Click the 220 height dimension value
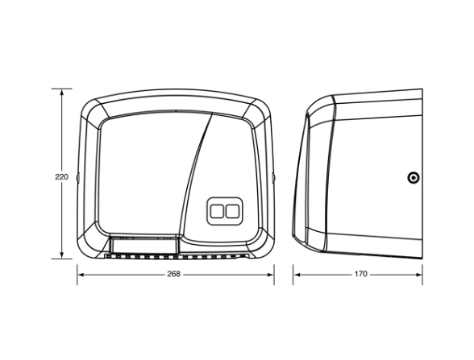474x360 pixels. coord(61,176)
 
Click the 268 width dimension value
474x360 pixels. coord(174,274)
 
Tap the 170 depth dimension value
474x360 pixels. coord(360,274)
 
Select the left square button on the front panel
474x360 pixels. coord(217,211)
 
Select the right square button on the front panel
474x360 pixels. coord(232,211)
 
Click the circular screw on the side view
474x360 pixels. coord(414,177)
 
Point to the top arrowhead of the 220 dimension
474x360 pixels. coord(61,93)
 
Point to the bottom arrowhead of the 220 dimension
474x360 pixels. coord(61,254)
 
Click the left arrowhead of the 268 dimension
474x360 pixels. coord(81,275)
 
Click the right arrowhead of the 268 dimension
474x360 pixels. coord(270,275)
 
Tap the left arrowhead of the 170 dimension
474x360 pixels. coord(297,275)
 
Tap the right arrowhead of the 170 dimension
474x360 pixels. coord(418,275)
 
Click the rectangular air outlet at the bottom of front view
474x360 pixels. coord(143,245)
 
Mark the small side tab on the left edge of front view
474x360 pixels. coord(77,177)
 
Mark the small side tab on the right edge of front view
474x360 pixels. coord(273,177)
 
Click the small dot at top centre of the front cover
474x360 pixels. coord(176,111)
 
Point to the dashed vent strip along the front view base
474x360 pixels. coord(177,257)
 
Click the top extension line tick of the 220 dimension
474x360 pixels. coord(61,89)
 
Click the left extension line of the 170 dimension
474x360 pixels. coord(293,275)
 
